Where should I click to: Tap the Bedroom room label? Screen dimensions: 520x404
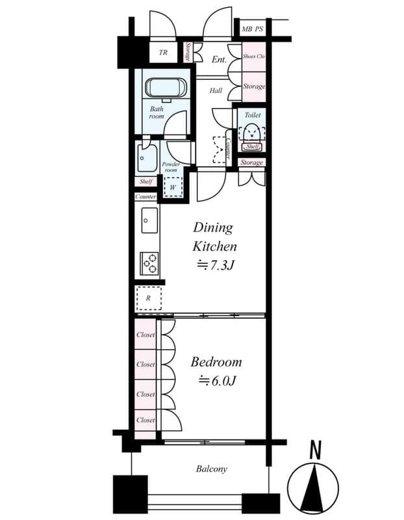click(216, 362)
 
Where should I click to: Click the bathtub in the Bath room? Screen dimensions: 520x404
click(165, 88)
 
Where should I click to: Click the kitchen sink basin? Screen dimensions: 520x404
click(149, 221)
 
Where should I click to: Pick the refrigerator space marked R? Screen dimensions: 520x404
click(149, 298)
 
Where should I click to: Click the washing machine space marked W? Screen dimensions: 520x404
click(173, 187)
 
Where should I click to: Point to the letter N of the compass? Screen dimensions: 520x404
click(316, 449)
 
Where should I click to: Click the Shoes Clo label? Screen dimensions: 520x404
click(253, 57)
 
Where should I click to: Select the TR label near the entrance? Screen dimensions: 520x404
click(164, 53)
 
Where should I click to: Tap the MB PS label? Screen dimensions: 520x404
click(253, 29)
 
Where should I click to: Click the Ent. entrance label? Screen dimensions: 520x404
click(219, 60)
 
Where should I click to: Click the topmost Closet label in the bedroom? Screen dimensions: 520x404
click(145, 335)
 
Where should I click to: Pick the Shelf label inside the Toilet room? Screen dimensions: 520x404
click(252, 147)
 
